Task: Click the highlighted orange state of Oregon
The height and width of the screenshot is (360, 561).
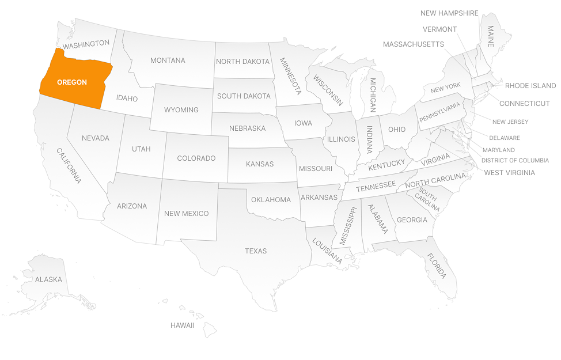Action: pyautogui.click(x=72, y=82)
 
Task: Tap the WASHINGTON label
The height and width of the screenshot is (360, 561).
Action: pyautogui.click(x=86, y=44)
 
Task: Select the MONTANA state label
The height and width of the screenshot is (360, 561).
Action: pyautogui.click(x=168, y=60)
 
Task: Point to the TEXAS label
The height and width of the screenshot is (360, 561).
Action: pyautogui.click(x=256, y=251)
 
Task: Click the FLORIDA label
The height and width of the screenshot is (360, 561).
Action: pyautogui.click(x=436, y=266)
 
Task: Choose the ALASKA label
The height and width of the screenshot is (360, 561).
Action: pyautogui.click(x=48, y=279)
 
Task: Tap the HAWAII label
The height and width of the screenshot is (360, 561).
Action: pyautogui.click(x=182, y=325)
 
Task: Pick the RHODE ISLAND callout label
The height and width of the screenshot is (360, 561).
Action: pyautogui.click(x=530, y=86)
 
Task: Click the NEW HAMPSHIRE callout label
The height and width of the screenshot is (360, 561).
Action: pyautogui.click(x=449, y=13)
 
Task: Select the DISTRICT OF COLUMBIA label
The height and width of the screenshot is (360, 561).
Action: pyautogui.click(x=515, y=161)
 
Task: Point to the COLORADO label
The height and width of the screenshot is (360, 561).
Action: pyautogui.click(x=196, y=158)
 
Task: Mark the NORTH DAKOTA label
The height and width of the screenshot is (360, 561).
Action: pyautogui.click(x=242, y=62)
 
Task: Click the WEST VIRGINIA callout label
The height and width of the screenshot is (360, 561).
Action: pyautogui.click(x=509, y=173)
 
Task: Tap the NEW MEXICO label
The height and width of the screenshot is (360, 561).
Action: pyautogui.click(x=186, y=214)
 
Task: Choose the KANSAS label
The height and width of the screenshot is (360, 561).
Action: pyautogui.click(x=260, y=164)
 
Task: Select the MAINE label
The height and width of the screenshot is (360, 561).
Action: pyautogui.click(x=491, y=35)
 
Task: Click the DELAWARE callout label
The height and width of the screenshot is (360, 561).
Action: pyautogui.click(x=504, y=138)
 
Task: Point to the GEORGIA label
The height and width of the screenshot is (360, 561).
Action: pyautogui.click(x=412, y=220)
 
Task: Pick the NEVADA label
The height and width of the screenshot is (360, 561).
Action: pyautogui.click(x=96, y=138)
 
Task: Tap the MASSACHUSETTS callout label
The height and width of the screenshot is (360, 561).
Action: pyautogui.click(x=413, y=44)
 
